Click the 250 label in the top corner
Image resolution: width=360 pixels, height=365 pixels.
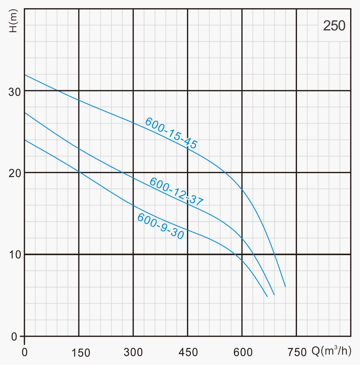[334, 26]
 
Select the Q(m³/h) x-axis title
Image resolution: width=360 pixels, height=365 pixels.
[331, 351]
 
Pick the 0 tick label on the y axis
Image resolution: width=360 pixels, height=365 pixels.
[14, 336]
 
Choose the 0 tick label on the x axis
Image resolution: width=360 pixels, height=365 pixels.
[25, 352]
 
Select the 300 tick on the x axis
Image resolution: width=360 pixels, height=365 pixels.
[133, 352]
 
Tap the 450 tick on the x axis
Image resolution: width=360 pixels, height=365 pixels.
[188, 352]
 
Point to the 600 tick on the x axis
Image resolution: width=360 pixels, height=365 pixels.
[242, 352]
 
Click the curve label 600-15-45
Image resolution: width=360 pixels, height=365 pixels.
[171, 133]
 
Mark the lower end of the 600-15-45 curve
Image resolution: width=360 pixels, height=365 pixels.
[285, 287]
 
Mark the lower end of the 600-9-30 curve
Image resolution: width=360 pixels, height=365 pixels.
[267, 297]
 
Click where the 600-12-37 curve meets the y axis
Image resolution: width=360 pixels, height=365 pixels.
[25, 113]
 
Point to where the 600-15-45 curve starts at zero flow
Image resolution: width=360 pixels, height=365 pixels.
[25, 75]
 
